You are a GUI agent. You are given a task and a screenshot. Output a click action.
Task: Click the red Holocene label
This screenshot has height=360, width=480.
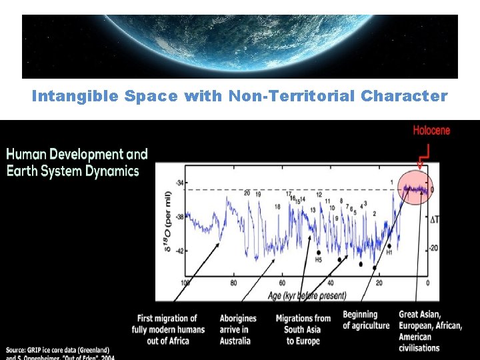click(431, 130)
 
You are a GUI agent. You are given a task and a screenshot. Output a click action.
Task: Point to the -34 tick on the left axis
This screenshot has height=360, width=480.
click(179, 183)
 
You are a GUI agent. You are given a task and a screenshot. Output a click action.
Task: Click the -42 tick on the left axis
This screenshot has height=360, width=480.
click(179, 251)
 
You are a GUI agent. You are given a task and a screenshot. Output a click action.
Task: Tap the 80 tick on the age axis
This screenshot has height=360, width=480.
click(233, 283)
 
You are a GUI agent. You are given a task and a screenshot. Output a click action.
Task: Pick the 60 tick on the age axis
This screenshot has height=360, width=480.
click(282, 283)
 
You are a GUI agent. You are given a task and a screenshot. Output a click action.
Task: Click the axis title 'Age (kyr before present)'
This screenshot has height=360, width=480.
click(307, 295)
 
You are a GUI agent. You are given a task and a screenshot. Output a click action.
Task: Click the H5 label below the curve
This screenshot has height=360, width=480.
click(318, 259)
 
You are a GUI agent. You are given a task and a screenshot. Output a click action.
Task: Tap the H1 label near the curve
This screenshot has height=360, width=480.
click(389, 253)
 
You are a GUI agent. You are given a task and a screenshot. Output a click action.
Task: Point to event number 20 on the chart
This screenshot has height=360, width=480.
click(247, 193)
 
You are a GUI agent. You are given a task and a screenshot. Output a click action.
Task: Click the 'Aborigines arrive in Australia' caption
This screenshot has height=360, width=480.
click(234, 329)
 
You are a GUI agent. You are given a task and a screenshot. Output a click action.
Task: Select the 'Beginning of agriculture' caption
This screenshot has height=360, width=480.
click(366, 320)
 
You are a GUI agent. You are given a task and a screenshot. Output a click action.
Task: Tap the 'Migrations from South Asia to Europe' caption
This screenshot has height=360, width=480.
click(303, 329)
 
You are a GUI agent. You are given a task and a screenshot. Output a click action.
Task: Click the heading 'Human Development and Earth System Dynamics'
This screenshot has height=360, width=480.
click(77, 163)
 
